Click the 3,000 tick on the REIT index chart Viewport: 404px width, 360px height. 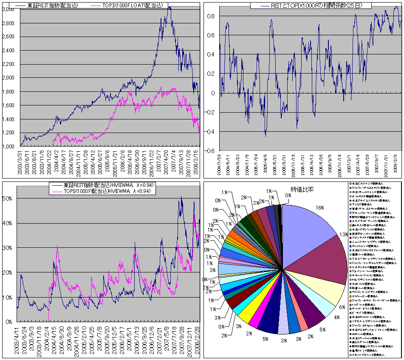[10, 9]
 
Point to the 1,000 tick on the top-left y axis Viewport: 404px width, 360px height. [10, 147]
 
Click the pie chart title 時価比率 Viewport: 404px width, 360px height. [302, 189]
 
